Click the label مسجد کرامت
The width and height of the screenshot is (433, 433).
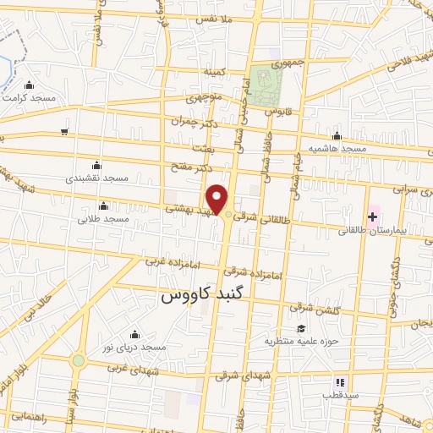[x=30, y=98]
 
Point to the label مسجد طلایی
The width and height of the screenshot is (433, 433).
[x=103, y=219]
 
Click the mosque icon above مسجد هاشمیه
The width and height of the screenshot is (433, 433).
[x=337, y=136]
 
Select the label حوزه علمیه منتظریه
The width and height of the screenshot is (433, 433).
[x=300, y=342]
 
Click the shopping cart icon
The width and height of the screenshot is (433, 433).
[x=64, y=131]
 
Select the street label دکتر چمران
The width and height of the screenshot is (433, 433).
[x=188, y=124]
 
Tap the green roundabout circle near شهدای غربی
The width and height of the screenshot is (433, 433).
[x=79, y=360]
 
